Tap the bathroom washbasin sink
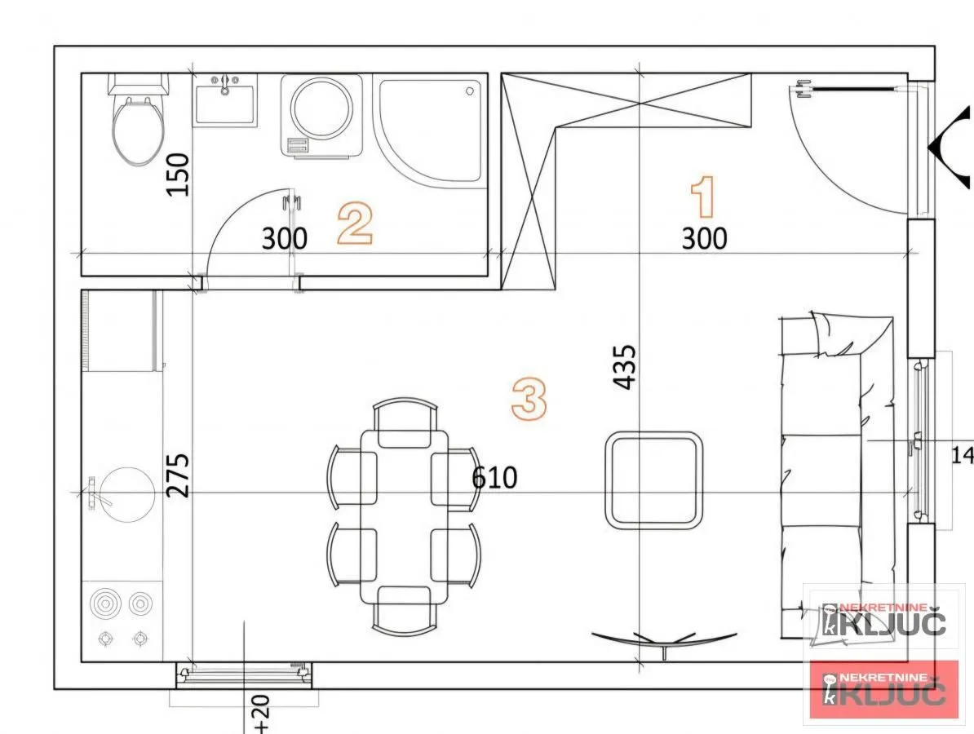point(224,101)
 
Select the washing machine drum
point(323,108)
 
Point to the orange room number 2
point(356,224)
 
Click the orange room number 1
point(703,198)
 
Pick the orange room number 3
point(529,399)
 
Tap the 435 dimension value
point(624,367)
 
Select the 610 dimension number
point(494,477)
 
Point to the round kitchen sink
point(122,493)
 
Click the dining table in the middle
point(404,516)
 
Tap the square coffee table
point(654,480)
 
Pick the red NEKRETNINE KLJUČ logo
point(884,690)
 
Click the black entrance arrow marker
point(951,148)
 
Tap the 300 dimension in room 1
point(704,239)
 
